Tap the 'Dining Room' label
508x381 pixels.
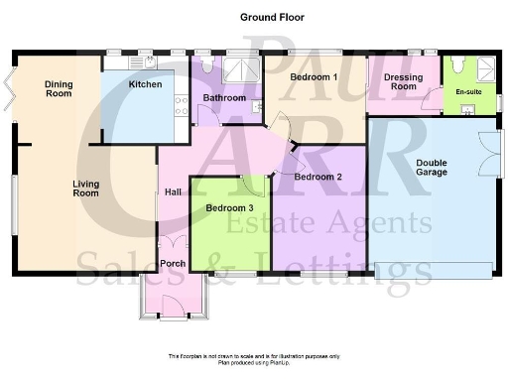point(59,90)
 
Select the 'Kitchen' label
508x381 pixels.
point(146,85)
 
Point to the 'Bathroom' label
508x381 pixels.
point(225,98)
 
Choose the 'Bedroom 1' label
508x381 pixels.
point(315,76)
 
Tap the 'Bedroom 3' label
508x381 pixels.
point(229,208)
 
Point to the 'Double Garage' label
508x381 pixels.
point(432,167)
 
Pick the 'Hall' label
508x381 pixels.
point(173,191)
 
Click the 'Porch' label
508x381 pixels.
point(173,264)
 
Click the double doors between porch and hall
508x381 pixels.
point(174,245)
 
